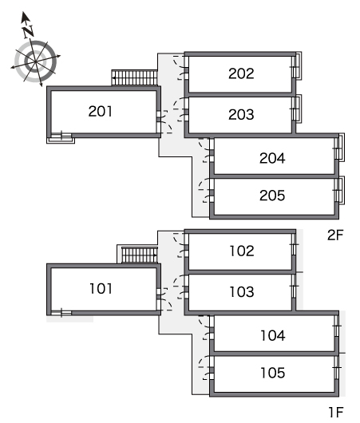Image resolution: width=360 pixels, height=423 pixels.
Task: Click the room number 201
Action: point(100,111)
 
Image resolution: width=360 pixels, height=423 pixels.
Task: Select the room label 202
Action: point(241,73)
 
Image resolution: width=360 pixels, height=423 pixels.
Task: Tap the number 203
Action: point(241,114)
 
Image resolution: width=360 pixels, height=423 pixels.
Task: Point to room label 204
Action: point(272,158)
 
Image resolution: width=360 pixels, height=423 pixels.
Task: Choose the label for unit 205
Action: point(272,196)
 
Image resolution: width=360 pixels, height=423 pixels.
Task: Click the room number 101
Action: point(101,288)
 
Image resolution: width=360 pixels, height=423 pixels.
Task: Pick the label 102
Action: point(242,251)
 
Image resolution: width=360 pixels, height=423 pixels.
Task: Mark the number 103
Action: point(242,291)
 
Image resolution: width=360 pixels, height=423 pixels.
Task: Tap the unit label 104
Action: point(273,335)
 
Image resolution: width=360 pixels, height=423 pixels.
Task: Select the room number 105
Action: point(273,373)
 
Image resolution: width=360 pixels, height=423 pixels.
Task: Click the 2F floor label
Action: point(335,235)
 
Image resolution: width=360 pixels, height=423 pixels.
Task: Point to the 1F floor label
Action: point(336,412)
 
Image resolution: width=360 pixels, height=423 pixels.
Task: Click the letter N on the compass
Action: point(28,32)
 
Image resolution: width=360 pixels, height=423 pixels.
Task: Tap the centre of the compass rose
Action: point(35,61)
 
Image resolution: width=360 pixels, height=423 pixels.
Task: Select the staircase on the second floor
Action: point(134,77)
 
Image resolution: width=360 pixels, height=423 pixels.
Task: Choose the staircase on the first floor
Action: point(139,255)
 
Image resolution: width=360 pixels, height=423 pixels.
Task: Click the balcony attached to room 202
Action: point(299,65)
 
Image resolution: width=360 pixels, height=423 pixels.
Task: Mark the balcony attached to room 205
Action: point(342,190)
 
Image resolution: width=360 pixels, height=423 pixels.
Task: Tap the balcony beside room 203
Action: point(299,109)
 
